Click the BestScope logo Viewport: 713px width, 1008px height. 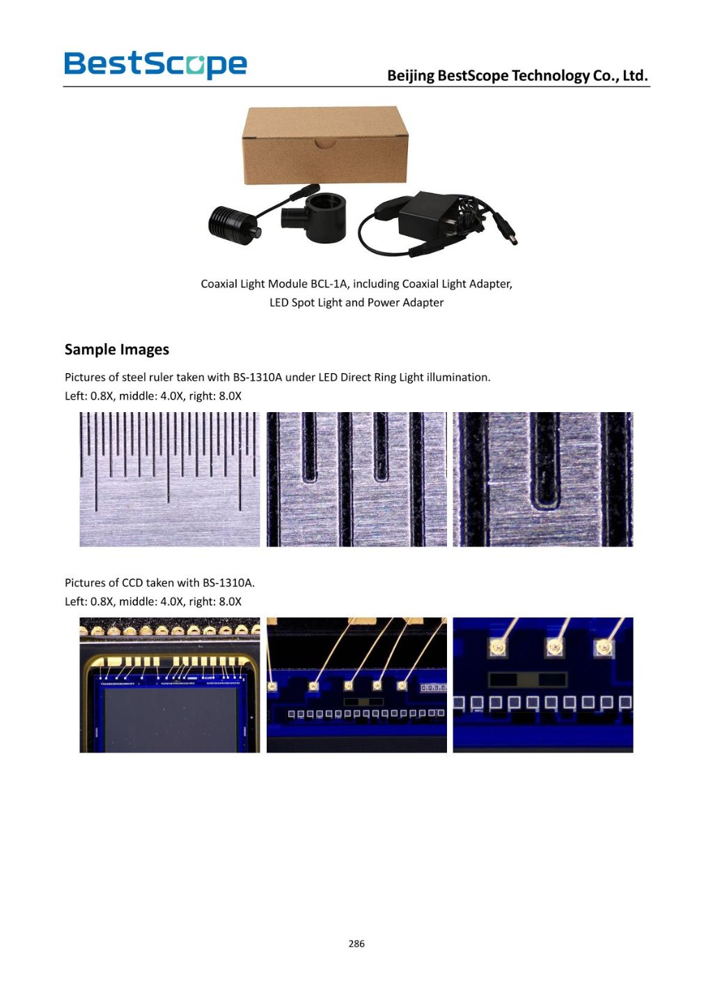pos(156,65)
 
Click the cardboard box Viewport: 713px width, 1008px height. pos(325,145)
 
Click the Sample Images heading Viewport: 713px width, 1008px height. pos(116,349)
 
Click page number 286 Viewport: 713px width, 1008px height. pos(356,944)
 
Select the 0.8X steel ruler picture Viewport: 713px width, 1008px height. pos(170,479)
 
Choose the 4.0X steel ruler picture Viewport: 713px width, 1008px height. pos(356,479)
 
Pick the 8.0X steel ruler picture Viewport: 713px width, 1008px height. pos(543,479)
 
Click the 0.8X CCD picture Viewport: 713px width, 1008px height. pos(170,685)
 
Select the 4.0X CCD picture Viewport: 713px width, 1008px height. pos(356,685)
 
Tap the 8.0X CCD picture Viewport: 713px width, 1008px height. pos(543,685)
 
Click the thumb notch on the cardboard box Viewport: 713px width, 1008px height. pos(325,143)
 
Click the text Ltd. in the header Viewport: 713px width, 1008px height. pos(636,76)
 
